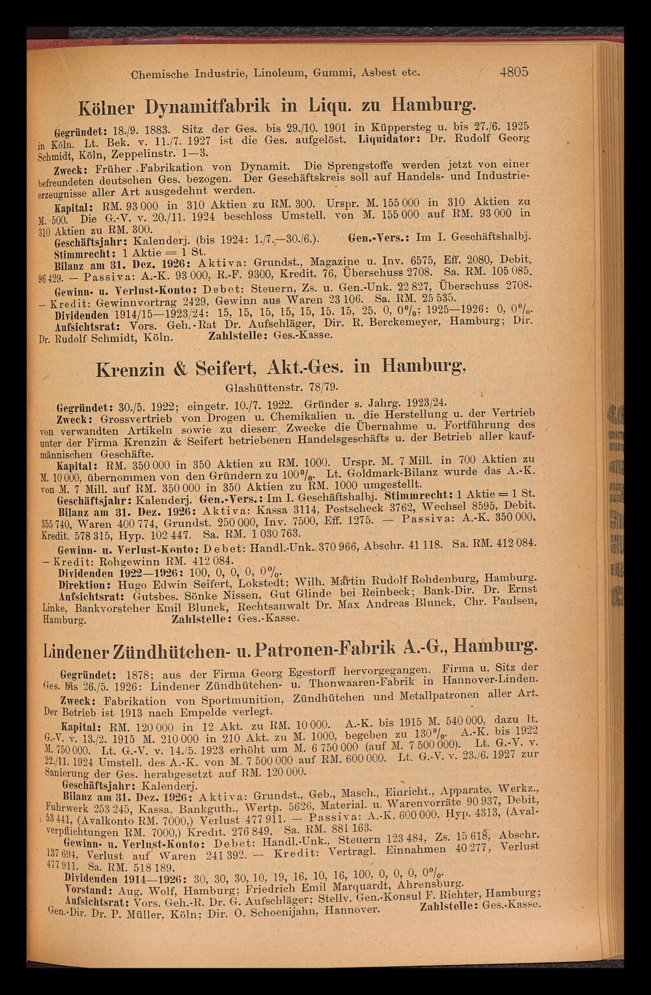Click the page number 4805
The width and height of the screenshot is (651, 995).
514,72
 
